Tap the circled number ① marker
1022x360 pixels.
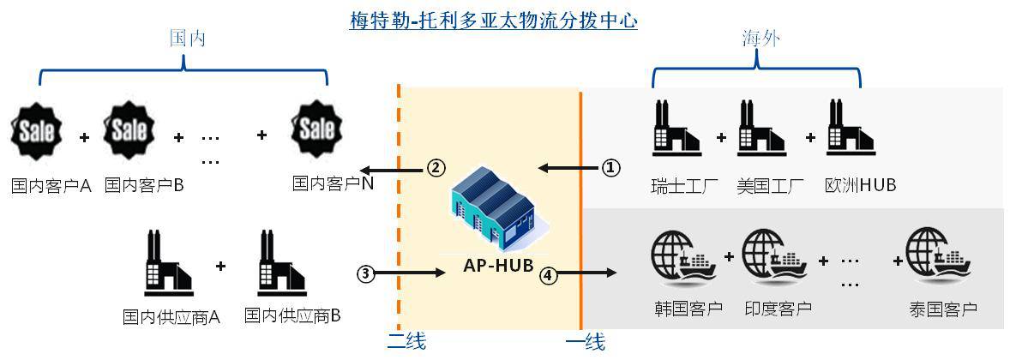(x=610, y=168)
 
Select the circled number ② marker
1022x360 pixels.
(x=436, y=168)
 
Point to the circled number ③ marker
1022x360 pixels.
(x=367, y=274)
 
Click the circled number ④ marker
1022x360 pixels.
(x=547, y=274)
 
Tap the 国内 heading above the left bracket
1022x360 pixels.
(x=187, y=39)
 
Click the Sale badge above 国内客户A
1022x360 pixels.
(x=38, y=130)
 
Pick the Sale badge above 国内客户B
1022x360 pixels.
(x=129, y=130)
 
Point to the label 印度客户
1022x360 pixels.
(x=779, y=309)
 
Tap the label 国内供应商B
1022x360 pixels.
(x=293, y=316)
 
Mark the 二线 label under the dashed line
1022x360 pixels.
(x=406, y=342)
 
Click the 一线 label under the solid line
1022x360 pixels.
(x=586, y=343)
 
